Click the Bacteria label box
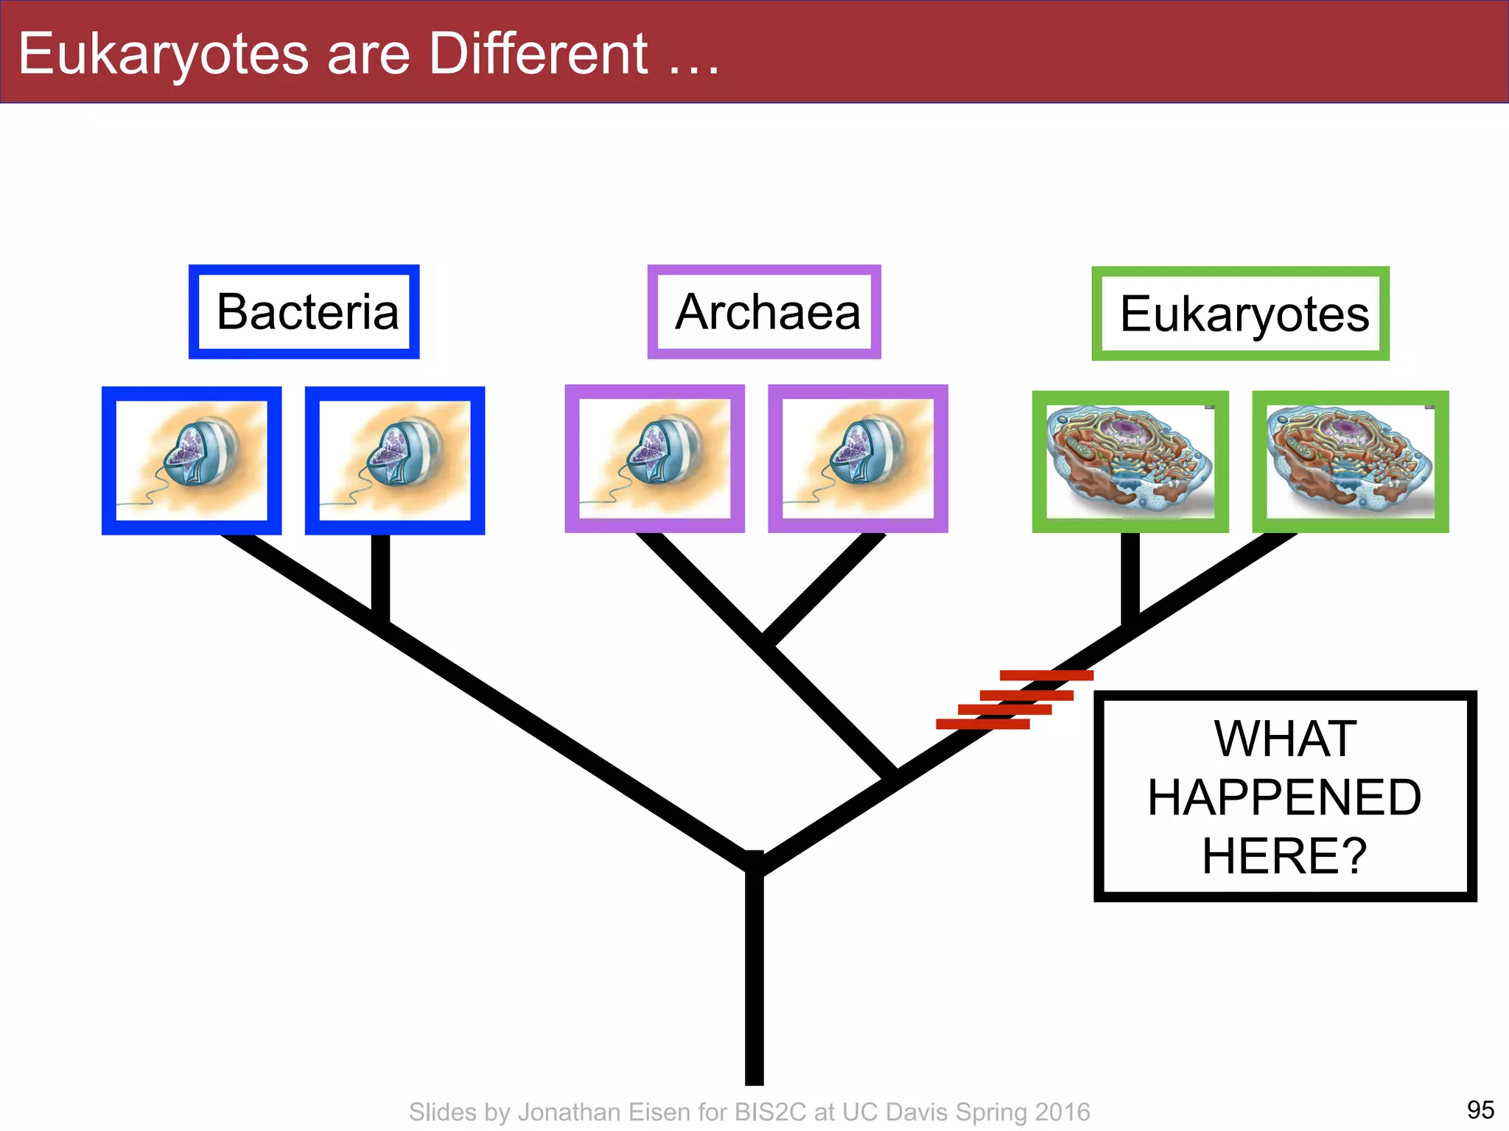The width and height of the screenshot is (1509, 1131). (x=304, y=312)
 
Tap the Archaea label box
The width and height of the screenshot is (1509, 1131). (x=764, y=312)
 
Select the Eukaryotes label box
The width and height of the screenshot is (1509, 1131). (x=1241, y=314)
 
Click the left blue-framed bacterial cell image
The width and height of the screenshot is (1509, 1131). (x=192, y=461)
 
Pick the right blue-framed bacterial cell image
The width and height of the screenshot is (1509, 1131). (x=395, y=461)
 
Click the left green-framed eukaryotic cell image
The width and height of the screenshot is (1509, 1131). (x=1130, y=462)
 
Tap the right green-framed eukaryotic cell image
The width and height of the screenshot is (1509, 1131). (x=1351, y=462)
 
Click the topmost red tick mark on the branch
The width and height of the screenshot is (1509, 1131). (x=1046, y=675)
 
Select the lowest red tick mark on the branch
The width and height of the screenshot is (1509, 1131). (x=982, y=725)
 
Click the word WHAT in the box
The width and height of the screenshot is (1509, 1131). (x=1285, y=739)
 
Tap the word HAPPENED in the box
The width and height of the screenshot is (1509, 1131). (x=1285, y=797)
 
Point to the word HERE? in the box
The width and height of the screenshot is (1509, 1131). (x=1285, y=856)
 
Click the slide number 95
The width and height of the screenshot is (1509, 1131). (x=1480, y=1109)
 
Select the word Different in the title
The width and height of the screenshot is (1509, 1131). (x=538, y=54)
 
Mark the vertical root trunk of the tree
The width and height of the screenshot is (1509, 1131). (x=754, y=979)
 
